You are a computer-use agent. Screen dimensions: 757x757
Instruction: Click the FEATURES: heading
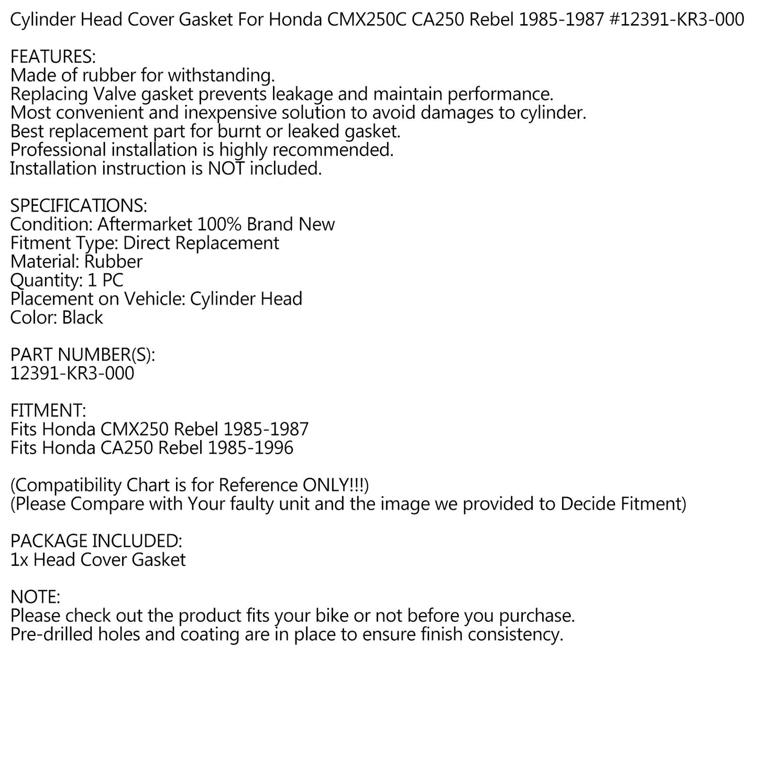pyautogui.click(x=53, y=57)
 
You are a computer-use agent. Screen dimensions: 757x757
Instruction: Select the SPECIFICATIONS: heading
pyautogui.click(x=79, y=205)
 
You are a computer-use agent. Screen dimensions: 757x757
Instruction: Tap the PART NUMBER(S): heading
pyautogui.click(x=83, y=355)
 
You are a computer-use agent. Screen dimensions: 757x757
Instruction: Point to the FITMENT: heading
pyautogui.click(x=48, y=411)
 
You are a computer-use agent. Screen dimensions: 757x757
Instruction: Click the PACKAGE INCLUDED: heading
pyautogui.click(x=96, y=541)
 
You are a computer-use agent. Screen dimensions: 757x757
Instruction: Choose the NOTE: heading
pyautogui.click(x=36, y=597)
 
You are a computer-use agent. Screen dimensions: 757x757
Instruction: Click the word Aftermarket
pyautogui.click(x=145, y=224)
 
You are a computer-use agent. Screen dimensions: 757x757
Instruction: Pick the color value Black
pyautogui.click(x=82, y=317)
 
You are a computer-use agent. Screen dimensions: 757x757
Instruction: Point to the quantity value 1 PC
pyautogui.click(x=105, y=280)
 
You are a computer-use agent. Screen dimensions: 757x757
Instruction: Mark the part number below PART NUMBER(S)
pyautogui.click(x=72, y=374)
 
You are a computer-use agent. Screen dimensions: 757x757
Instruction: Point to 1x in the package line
pyautogui.click(x=19, y=560)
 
